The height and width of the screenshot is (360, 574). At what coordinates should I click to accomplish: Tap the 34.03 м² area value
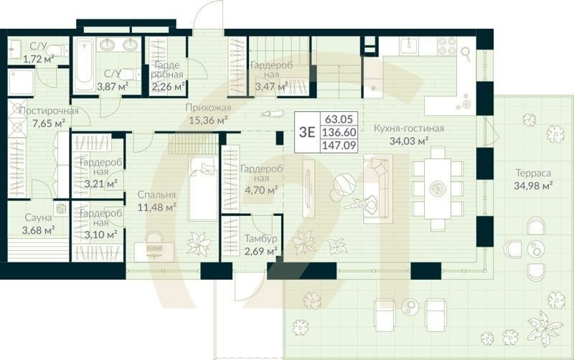point(408,141)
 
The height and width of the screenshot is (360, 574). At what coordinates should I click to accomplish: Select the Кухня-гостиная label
point(409,128)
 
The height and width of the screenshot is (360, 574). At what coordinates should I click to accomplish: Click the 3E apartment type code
point(306,131)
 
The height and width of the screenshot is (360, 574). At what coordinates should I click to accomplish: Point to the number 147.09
point(340,145)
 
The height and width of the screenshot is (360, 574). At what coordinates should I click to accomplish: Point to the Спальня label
point(158,195)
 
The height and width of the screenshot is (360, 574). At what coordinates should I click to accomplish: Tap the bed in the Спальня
point(203,188)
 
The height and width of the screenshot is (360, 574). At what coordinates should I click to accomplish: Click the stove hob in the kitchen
point(447,47)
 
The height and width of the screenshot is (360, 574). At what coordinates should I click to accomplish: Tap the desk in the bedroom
point(155,250)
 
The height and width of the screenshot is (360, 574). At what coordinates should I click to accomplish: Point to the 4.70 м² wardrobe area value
point(260,190)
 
